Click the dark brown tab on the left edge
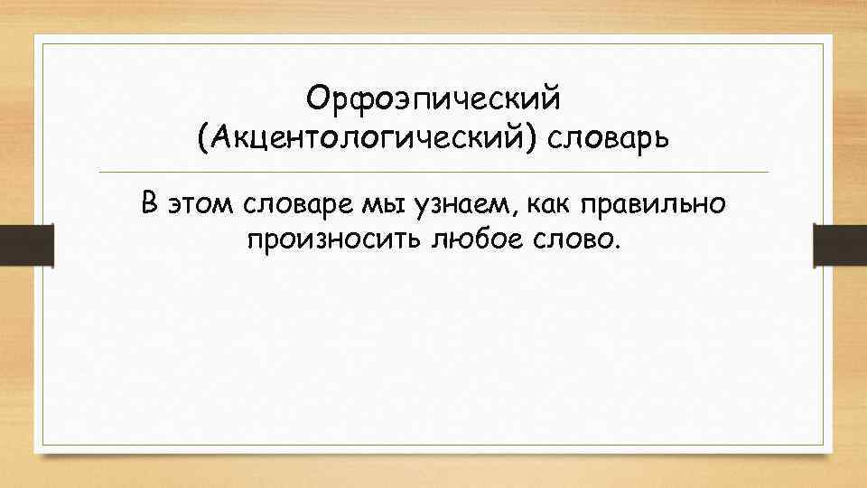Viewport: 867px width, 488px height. coord(26,245)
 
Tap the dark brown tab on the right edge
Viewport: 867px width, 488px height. coord(840,245)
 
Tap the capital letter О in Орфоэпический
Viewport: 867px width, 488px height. coord(315,97)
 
